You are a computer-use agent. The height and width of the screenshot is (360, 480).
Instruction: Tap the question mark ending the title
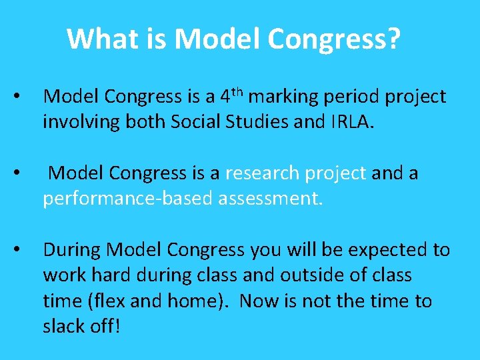click(x=393, y=39)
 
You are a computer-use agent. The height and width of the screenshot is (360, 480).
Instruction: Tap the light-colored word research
click(x=262, y=174)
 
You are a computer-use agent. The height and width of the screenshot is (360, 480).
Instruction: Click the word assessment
click(x=270, y=199)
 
